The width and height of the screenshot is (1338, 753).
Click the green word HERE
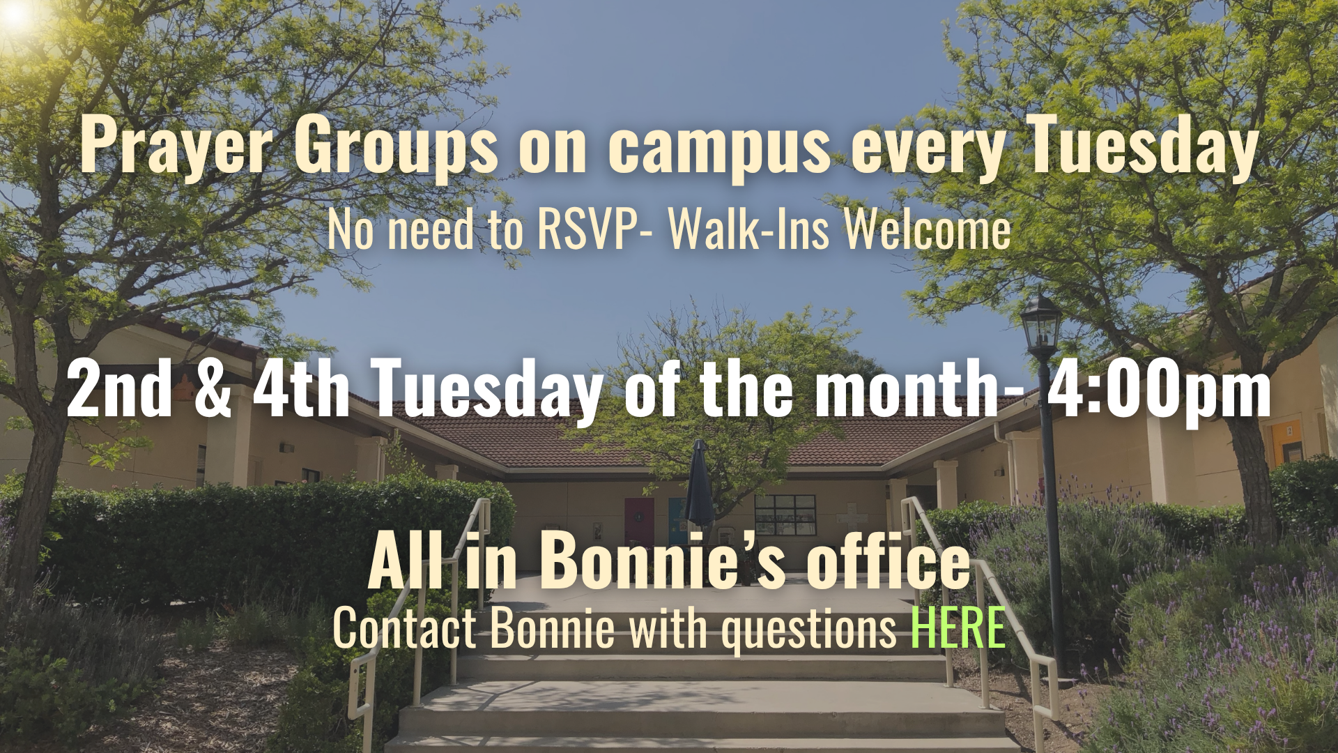(x=958, y=627)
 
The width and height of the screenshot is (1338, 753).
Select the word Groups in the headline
(x=396, y=145)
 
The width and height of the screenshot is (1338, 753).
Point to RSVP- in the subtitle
(x=595, y=229)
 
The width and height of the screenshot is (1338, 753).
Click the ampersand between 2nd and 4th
(x=213, y=388)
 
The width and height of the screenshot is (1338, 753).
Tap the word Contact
(x=404, y=627)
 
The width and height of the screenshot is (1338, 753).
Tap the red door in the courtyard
(x=639, y=522)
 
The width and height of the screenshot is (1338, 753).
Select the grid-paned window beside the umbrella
(x=785, y=515)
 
